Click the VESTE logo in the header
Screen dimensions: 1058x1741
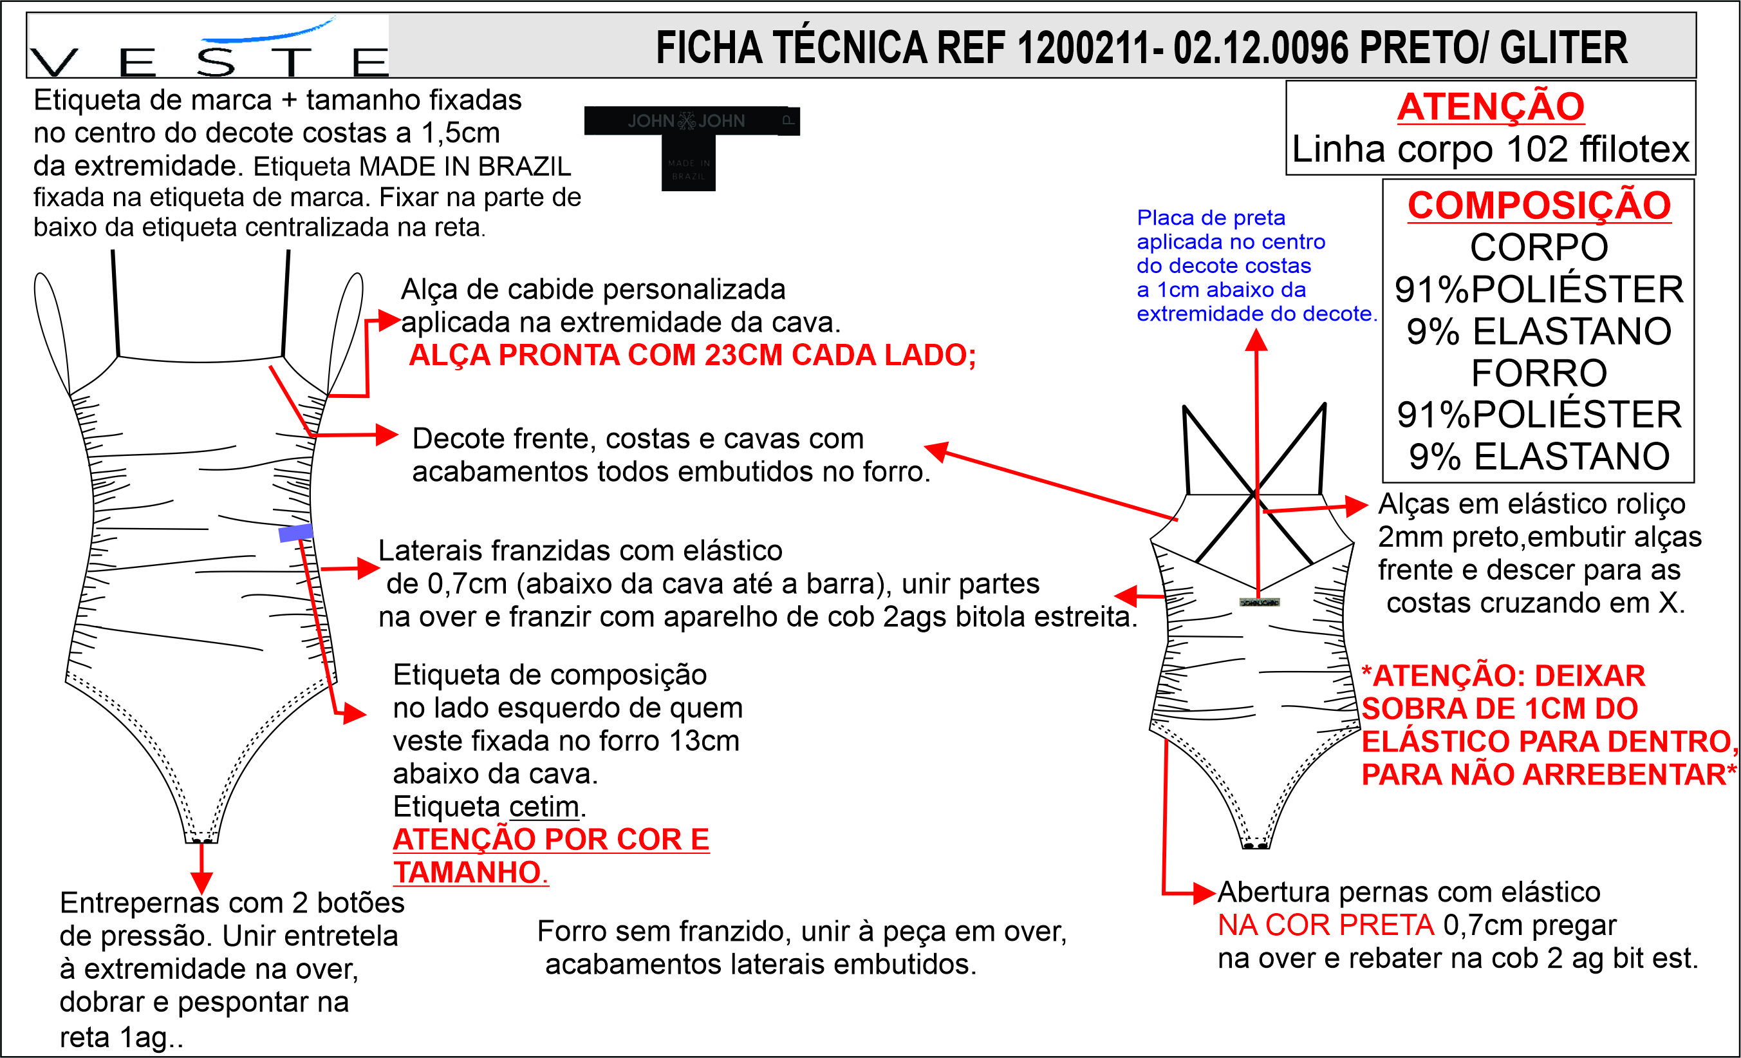tap(209, 50)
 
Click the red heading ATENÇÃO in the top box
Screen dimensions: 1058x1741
tap(1490, 108)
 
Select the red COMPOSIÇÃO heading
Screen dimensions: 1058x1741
tap(1539, 206)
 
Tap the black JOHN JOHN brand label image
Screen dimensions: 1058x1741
tap(691, 145)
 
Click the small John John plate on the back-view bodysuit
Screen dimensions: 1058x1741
tap(1259, 602)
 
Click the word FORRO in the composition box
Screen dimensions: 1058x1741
tap(1539, 373)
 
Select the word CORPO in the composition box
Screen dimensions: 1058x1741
tap(1539, 248)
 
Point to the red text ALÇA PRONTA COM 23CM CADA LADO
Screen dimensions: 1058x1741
tap(692, 355)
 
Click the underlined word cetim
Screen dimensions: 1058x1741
tap(543, 806)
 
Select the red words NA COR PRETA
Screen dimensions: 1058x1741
tap(1325, 925)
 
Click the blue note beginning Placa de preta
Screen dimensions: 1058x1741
tap(1256, 266)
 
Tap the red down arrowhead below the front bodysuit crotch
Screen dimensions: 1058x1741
tap(201, 883)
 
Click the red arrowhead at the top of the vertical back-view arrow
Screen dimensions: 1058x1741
tap(1256, 341)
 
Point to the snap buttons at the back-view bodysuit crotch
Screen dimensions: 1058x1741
tap(1255, 845)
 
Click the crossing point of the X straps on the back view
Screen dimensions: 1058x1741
tap(1256, 493)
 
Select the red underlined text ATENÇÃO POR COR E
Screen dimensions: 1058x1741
tap(550, 840)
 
